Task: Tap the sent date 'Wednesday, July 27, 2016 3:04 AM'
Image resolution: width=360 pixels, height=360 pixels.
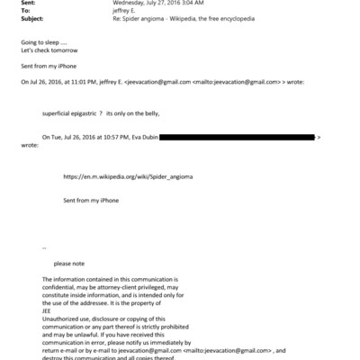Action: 155,3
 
